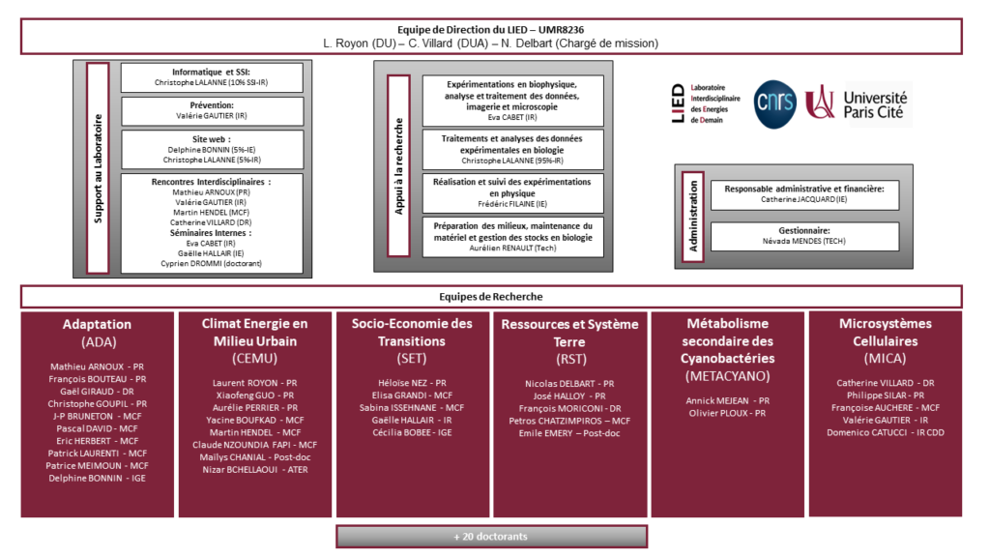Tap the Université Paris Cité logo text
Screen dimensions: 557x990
874,104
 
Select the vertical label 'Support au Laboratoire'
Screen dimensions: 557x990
98,170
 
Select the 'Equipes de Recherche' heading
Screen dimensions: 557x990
491,297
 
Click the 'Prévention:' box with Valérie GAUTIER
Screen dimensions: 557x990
212,110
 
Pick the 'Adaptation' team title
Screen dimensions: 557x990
97,324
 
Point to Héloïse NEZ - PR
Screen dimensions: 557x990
412,383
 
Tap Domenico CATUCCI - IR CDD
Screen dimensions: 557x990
885,433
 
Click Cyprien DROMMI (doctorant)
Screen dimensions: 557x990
212,263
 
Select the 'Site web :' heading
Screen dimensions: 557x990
212,138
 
